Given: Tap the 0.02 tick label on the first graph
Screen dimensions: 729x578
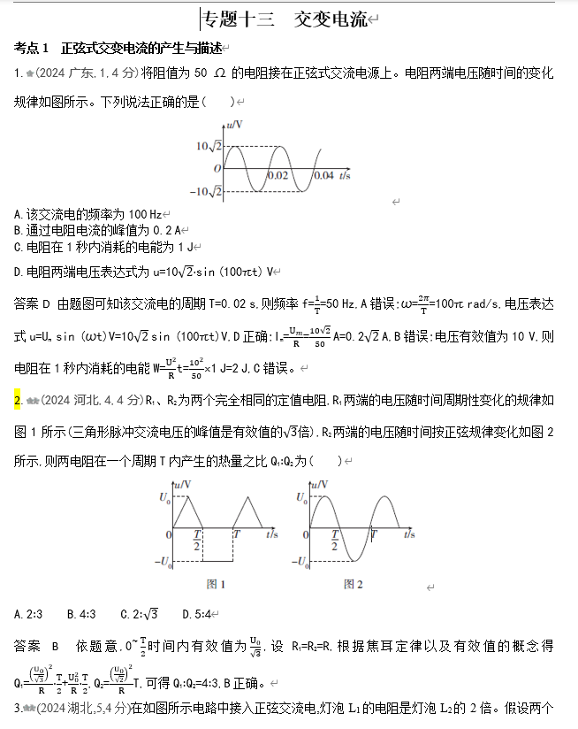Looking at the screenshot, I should pos(278,176).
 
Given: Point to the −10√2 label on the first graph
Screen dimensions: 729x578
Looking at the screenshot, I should pos(207,190).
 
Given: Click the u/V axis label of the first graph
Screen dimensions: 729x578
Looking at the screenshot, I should pos(234,125).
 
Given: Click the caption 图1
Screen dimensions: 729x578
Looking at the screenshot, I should pos(216,584).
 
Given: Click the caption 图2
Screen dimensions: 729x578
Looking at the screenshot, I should pos(354,584).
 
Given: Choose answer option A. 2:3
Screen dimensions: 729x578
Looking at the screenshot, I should pos(29,614).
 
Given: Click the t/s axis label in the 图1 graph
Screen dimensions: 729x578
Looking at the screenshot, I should pos(272,534).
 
